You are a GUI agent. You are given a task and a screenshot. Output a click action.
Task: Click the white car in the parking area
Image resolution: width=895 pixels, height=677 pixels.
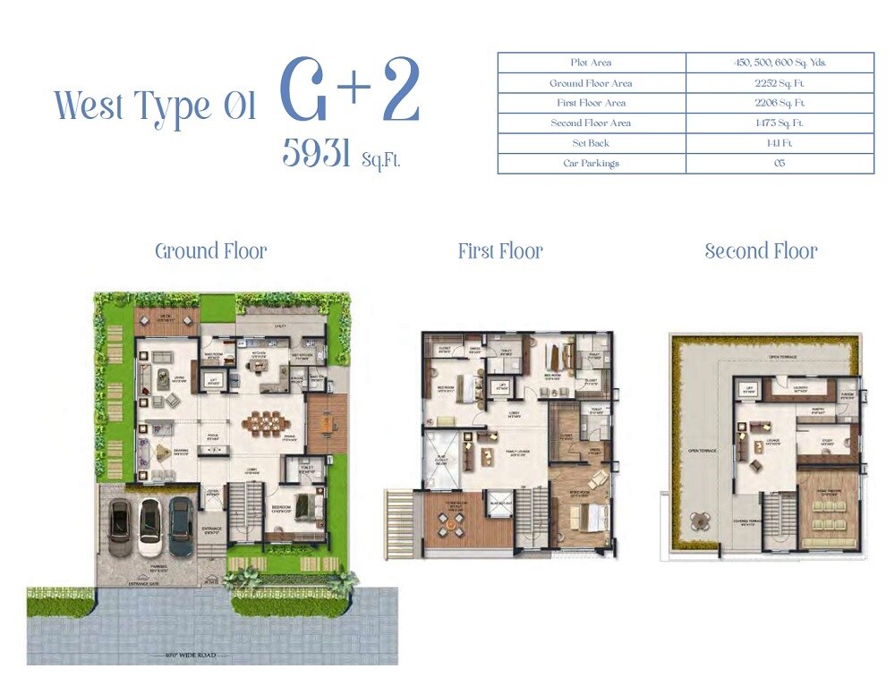click(x=149, y=528)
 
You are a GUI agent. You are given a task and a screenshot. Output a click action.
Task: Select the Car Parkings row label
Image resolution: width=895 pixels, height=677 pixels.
click(x=591, y=164)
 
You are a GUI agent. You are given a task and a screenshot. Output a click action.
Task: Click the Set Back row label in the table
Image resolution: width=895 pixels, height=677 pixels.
click(x=591, y=143)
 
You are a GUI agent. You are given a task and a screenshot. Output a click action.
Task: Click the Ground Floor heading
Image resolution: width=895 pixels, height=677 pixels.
click(x=211, y=251)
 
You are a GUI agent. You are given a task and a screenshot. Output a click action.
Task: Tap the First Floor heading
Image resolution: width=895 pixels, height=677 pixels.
click(x=500, y=251)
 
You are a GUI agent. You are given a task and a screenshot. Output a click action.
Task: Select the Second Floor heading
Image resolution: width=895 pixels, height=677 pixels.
click(x=761, y=251)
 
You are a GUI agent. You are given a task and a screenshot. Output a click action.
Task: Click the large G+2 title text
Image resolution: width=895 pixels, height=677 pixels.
click(x=350, y=91)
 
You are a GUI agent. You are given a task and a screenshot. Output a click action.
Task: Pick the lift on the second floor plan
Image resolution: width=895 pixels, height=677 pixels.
click(x=748, y=389)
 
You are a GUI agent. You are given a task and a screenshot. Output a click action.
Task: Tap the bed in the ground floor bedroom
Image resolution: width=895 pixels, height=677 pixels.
click(x=307, y=504)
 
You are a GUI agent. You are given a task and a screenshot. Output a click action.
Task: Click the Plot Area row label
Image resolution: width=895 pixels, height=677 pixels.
click(x=591, y=63)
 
